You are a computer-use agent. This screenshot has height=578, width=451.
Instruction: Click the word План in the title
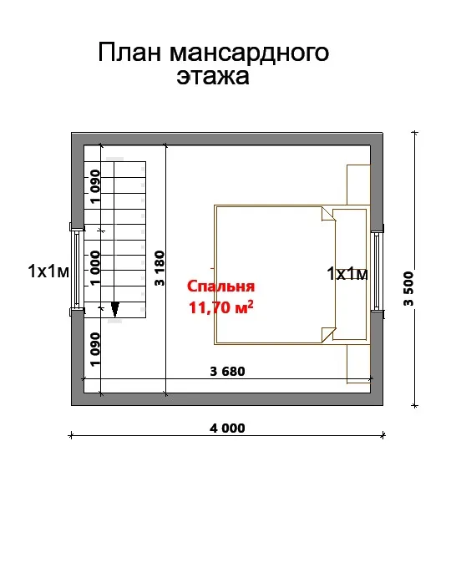129,53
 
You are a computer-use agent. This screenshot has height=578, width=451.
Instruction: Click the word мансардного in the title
249,53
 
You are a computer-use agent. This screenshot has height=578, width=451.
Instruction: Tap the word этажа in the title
213,76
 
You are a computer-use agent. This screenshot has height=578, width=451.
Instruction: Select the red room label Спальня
220,286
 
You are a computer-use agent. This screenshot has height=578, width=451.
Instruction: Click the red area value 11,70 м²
220,307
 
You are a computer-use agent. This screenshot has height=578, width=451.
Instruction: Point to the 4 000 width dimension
227,428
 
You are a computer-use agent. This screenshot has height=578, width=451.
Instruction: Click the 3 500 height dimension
408,289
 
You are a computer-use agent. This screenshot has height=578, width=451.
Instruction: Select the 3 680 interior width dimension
227,371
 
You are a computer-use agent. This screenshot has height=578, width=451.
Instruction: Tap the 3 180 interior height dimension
160,268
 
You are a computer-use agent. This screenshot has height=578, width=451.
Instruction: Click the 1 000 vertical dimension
95,268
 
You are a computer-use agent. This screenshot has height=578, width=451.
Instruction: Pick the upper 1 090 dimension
95,186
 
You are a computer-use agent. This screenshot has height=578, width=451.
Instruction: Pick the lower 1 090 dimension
95,349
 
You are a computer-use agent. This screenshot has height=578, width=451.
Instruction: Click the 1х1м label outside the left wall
48,271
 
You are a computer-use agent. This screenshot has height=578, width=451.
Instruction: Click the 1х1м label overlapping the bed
347,274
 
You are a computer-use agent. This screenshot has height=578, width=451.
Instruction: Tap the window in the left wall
76,269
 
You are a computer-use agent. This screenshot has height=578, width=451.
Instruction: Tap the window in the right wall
377,271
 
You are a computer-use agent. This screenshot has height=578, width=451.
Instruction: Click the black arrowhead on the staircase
115,309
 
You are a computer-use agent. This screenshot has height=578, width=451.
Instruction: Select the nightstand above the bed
358,185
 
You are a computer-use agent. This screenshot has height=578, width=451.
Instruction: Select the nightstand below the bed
358,364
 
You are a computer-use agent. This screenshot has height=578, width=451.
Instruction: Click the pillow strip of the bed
349,274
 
